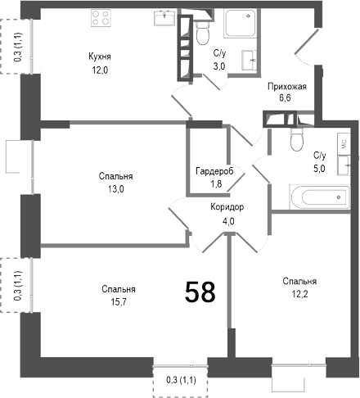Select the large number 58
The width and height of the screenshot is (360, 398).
[x=200, y=292]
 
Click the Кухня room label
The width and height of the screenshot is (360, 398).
[x=100, y=57]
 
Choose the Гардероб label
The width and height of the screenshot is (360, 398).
[x=214, y=171]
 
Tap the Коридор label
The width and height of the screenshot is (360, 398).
[x=226, y=207]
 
